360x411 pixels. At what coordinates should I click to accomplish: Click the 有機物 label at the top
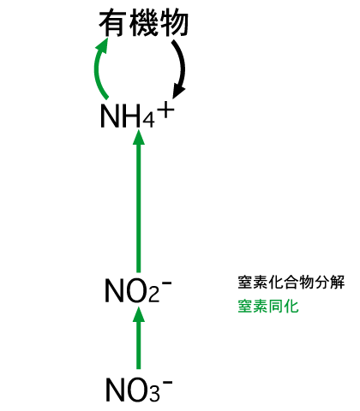click(143, 23)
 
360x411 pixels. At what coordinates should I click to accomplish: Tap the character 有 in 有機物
click(113, 23)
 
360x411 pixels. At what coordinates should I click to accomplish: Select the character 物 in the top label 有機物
click(175, 23)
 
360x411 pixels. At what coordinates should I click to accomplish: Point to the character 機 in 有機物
click(144, 23)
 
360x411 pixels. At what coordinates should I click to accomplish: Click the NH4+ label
click(137, 115)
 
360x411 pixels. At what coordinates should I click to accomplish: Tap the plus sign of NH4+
click(165, 110)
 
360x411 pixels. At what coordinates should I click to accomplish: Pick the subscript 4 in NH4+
click(148, 121)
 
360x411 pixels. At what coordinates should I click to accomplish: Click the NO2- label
click(138, 290)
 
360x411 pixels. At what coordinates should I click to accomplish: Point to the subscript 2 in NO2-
click(153, 295)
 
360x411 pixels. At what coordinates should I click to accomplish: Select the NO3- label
click(139, 390)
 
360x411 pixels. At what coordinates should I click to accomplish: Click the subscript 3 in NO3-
click(154, 395)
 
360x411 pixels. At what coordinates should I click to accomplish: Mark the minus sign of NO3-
click(168, 382)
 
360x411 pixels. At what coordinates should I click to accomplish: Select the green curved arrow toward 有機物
click(97, 68)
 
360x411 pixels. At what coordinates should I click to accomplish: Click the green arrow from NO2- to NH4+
click(139, 201)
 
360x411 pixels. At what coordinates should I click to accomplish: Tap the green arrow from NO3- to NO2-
click(139, 338)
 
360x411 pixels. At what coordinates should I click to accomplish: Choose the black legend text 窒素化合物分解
click(291, 283)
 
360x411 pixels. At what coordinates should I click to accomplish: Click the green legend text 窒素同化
click(268, 307)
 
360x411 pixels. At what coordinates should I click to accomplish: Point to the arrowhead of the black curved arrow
click(178, 92)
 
